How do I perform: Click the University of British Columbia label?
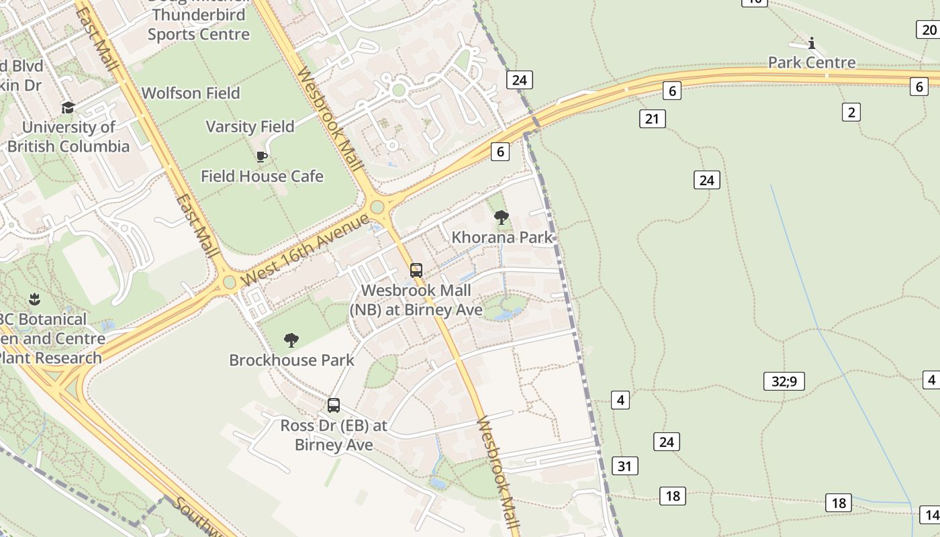(x=68, y=136)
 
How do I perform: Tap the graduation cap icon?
(x=68, y=107)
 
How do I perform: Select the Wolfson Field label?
(x=191, y=93)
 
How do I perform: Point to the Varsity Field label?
(x=250, y=127)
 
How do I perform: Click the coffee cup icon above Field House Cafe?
(x=262, y=157)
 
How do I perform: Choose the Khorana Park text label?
(x=502, y=237)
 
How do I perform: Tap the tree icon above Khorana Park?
(x=501, y=217)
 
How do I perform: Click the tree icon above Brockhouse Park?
(x=291, y=340)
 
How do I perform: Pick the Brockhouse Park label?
(x=291, y=360)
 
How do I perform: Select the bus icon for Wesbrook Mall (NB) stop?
(x=416, y=271)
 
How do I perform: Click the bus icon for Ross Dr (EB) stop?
(x=334, y=405)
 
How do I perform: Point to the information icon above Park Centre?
(x=812, y=44)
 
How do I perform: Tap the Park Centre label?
(x=812, y=62)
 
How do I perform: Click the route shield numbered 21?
(x=652, y=119)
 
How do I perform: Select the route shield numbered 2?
(x=851, y=112)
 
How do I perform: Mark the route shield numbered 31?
(x=625, y=466)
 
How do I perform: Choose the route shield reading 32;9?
(x=784, y=381)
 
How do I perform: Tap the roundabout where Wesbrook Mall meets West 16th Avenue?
(x=377, y=207)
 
